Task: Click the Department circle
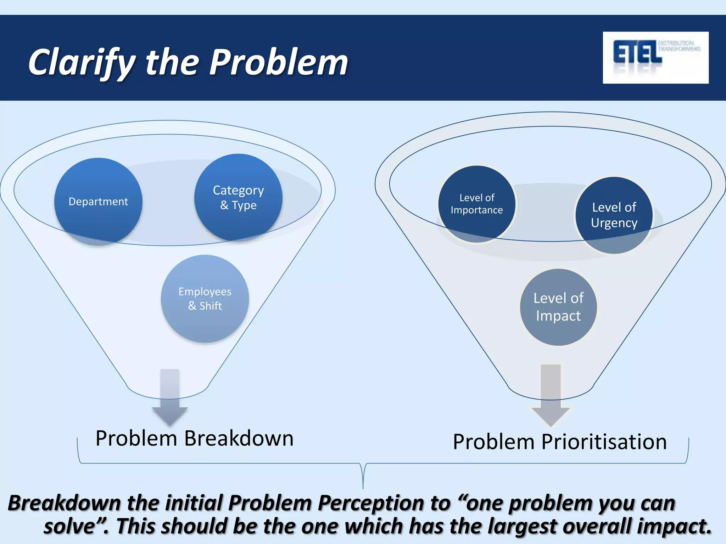[x=98, y=202]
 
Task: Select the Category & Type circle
[x=238, y=198]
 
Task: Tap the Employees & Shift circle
[x=205, y=299]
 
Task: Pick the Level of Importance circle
[x=477, y=204]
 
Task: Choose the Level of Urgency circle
[x=614, y=215]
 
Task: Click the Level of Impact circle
[x=558, y=307]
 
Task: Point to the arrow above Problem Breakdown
[x=170, y=397]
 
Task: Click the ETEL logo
[x=655, y=58]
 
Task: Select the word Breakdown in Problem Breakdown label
[x=239, y=438]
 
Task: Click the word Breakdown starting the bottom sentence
[x=65, y=503]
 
